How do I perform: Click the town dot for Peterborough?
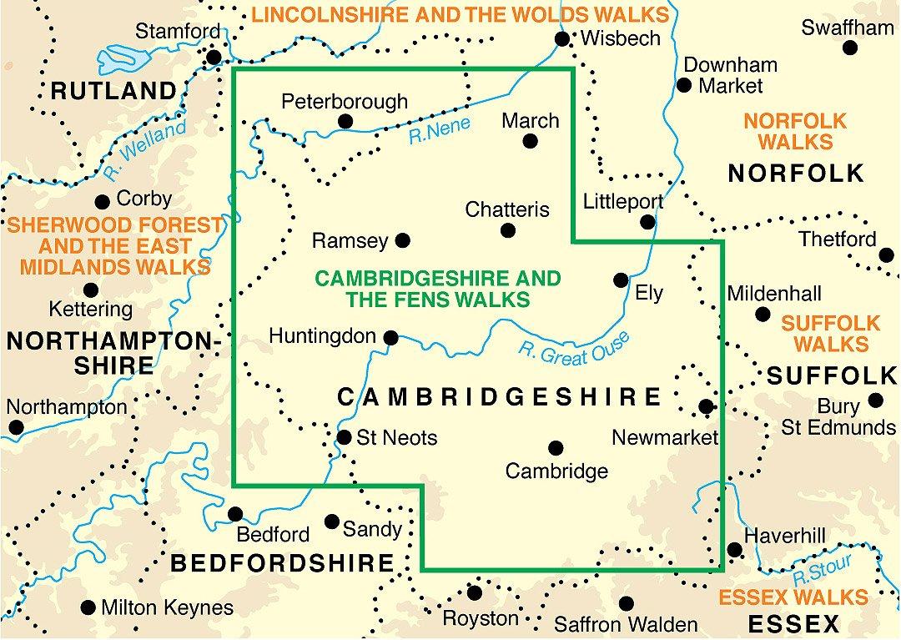(x=345, y=122)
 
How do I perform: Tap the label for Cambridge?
(x=556, y=471)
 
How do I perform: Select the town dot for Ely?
(x=621, y=280)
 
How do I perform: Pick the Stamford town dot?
(x=214, y=58)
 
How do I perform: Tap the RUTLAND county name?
(x=113, y=90)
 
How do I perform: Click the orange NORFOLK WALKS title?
(x=795, y=131)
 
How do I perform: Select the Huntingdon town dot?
(x=390, y=338)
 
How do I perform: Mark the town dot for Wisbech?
(x=562, y=39)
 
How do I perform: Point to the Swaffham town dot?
(x=849, y=48)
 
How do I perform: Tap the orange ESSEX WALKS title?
(x=793, y=597)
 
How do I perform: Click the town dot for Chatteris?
(x=507, y=230)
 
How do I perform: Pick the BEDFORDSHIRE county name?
(x=281, y=563)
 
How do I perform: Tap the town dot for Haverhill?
(x=734, y=550)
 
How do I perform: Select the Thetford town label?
(x=837, y=239)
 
